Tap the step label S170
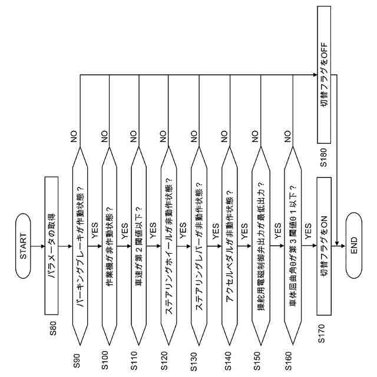(x=320, y=333)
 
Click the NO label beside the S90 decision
(x=74, y=137)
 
